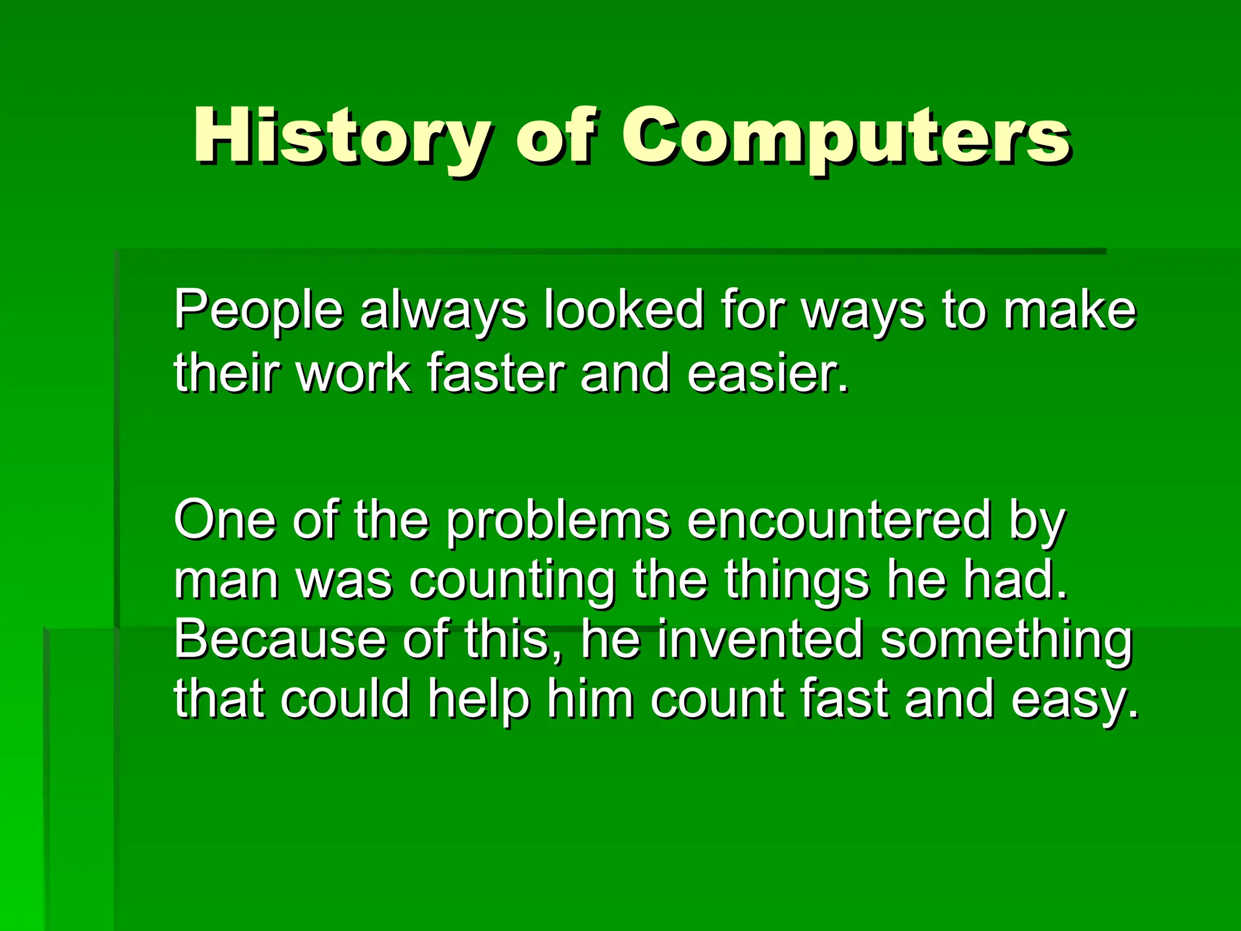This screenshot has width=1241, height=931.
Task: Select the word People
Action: [259, 310]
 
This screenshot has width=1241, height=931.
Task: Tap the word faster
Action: [496, 372]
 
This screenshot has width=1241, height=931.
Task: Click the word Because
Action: [280, 639]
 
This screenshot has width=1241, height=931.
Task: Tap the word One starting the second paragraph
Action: [225, 520]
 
